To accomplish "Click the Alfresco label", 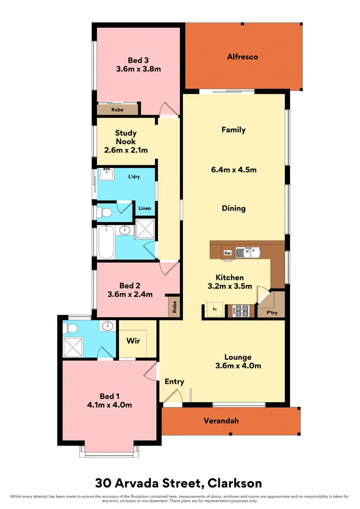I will [x=242, y=57].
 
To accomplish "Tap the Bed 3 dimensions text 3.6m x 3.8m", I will [x=138, y=69].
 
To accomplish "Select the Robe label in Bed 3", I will [x=117, y=110].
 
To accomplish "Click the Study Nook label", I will [x=125, y=137].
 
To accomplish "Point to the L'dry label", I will [x=133, y=177].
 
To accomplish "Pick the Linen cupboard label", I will [x=145, y=208].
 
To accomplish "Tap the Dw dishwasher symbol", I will [x=228, y=252].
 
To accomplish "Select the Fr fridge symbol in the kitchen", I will [x=215, y=310].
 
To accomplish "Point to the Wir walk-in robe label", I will [x=133, y=341].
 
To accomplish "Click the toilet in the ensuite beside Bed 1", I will [x=72, y=329].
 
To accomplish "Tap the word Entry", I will [x=174, y=382].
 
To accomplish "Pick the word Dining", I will [x=234, y=208].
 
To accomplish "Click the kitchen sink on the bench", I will [x=251, y=251].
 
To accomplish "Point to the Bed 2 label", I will [x=129, y=285].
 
